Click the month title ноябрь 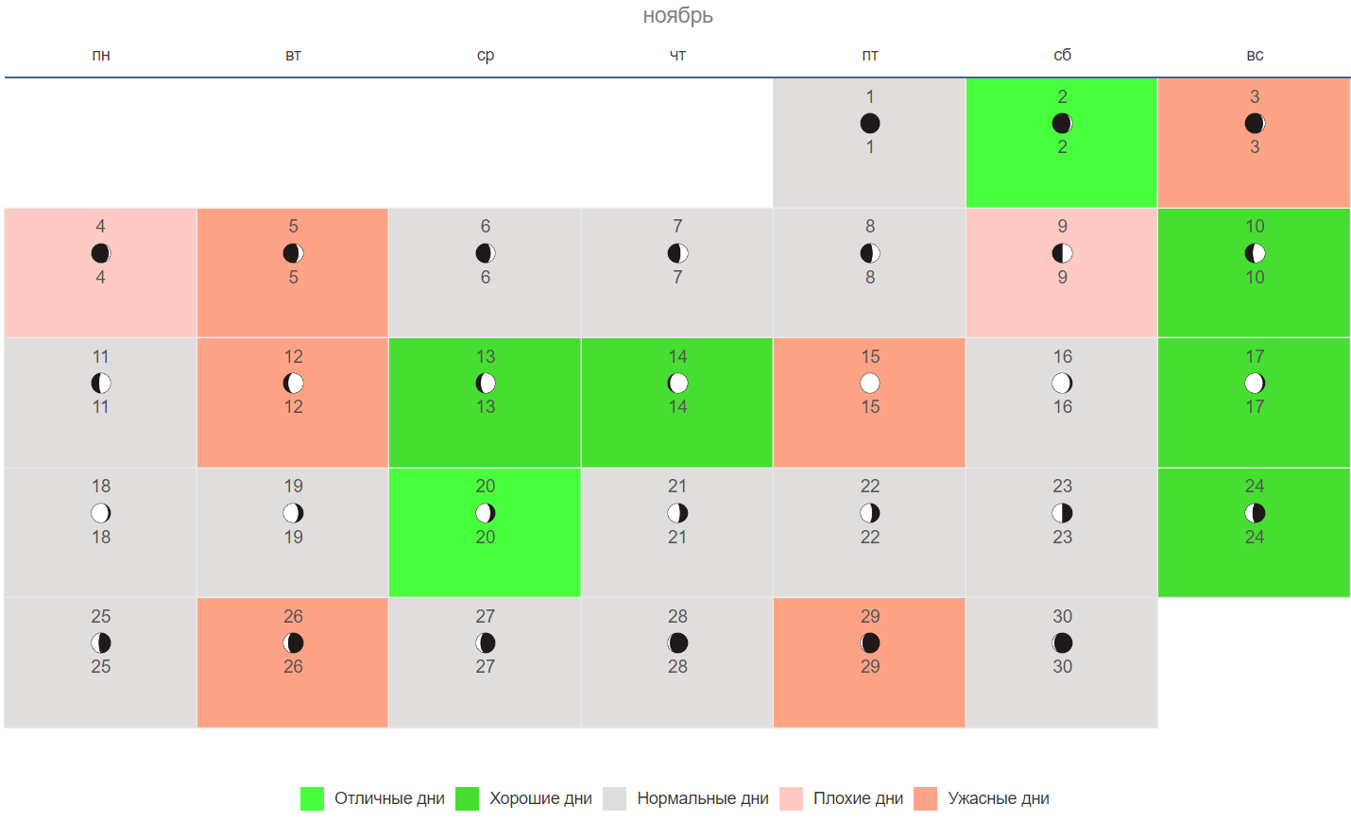click(x=677, y=15)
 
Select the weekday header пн click(x=101, y=56)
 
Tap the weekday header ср click(x=486, y=56)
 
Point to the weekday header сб click(x=1063, y=56)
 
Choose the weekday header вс click(x=1255, y=56)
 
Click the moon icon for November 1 click(x=870, y=123)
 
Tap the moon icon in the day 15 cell click(x=870, y=383)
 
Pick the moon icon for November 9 click(x=1063, y=253)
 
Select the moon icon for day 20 click(x=486, y=513)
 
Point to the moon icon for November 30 click(x=1063, y=642)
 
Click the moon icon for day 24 click(x=1255, y=513)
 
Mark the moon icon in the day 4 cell click(x=101, y=253)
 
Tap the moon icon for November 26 click(x=294, y=642)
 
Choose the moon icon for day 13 click(x=486, y=383)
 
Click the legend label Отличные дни click(x=389, y=798)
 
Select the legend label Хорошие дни click(x=540, y=798)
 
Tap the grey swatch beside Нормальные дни click(x=614, y=798)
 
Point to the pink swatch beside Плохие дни click(x=791, y=798)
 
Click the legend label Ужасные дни click(x=999, y=798)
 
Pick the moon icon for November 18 click(x=101, y=513)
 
